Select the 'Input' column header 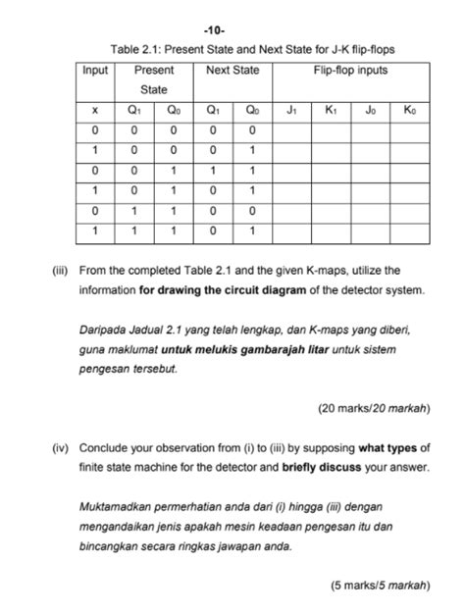click(96, 71)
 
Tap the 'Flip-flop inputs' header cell click(351, 71)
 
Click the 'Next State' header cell click(232, 71)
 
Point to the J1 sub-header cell click(292, 111)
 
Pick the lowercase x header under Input click(95, 111)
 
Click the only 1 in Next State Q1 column click(213, 170)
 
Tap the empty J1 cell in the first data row click(292, 130)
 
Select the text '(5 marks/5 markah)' click(380, 587)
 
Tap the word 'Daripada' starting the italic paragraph click(105, 329)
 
